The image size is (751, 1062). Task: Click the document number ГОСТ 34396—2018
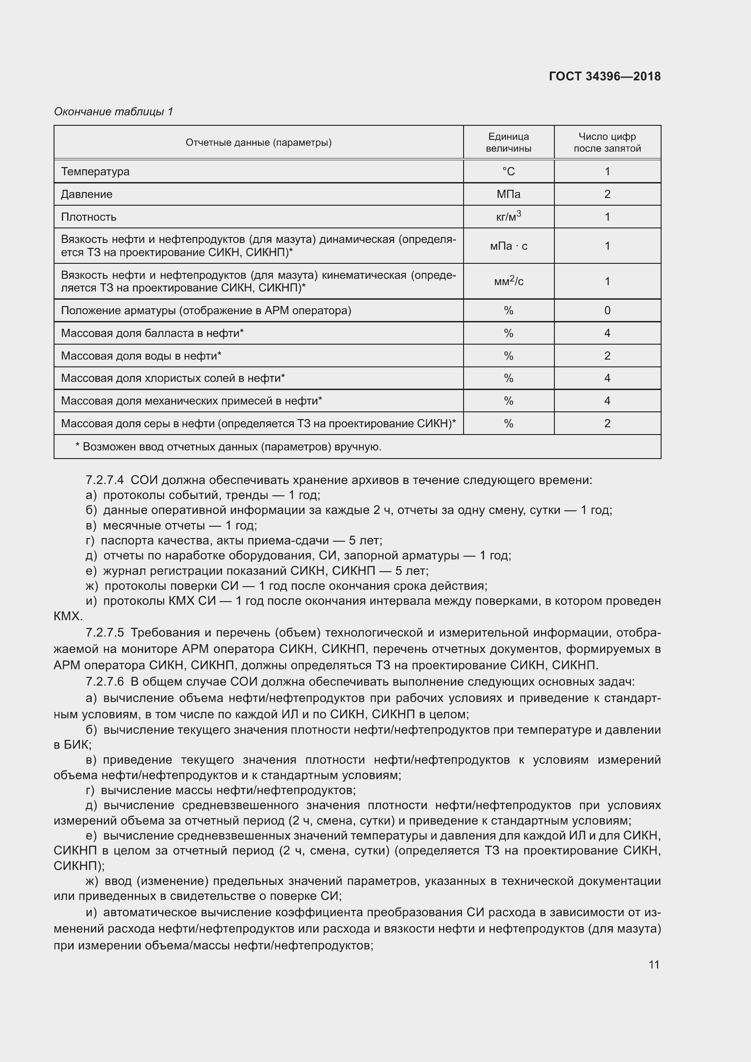[x=604, y=76]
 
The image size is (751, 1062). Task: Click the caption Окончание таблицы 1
[x=114, y=112]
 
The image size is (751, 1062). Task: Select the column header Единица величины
[x=508, y=143]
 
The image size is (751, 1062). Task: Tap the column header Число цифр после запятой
[x=607, y=143]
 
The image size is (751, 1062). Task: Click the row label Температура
[x=95, y=172]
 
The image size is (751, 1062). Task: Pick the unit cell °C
[x=508, y=172]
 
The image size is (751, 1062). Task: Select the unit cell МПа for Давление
[x=508, y=194]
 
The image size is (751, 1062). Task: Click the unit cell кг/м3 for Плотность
[x=508, y=217]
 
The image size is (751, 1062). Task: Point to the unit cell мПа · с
[x=508, y=246]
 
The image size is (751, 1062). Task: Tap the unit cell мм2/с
[x=508, y=281]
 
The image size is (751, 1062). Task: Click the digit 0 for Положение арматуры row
[x=607, y=311]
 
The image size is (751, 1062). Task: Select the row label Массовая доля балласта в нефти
[x=152, y=333]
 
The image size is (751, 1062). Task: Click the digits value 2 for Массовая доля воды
[x=607, y=356]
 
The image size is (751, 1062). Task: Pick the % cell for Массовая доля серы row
[x=508, y=424]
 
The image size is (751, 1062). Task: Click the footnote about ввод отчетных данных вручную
[x=228, y=447]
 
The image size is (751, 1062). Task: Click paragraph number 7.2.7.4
[x=104, y=480]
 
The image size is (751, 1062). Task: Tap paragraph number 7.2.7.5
[x=104, y=632]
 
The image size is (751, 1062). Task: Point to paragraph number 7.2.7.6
[x=104, y=682]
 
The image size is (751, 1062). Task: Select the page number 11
[x=653, y=964]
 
